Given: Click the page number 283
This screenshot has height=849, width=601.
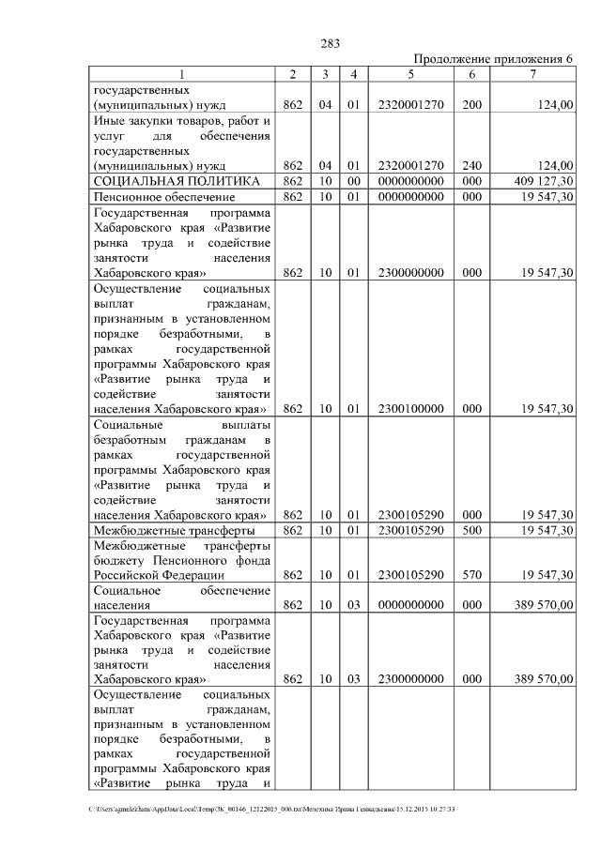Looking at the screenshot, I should [330, 43].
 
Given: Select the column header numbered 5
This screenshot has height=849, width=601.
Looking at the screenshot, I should [410, 74].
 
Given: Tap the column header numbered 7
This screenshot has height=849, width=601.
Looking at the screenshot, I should [532, 74].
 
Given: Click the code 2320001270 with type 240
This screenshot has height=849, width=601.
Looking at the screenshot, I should [410, 165].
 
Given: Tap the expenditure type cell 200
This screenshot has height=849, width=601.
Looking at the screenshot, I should [472, 105].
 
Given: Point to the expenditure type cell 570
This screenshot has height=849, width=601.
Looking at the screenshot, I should [472, 575].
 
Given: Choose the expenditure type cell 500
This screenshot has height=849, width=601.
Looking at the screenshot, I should [472, 531].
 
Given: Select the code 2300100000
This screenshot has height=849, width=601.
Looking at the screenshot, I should [410, 409].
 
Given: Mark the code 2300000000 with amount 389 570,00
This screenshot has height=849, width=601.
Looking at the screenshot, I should [410, 679].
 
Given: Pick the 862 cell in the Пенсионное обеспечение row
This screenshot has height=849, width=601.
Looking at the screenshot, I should [292, 197].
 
